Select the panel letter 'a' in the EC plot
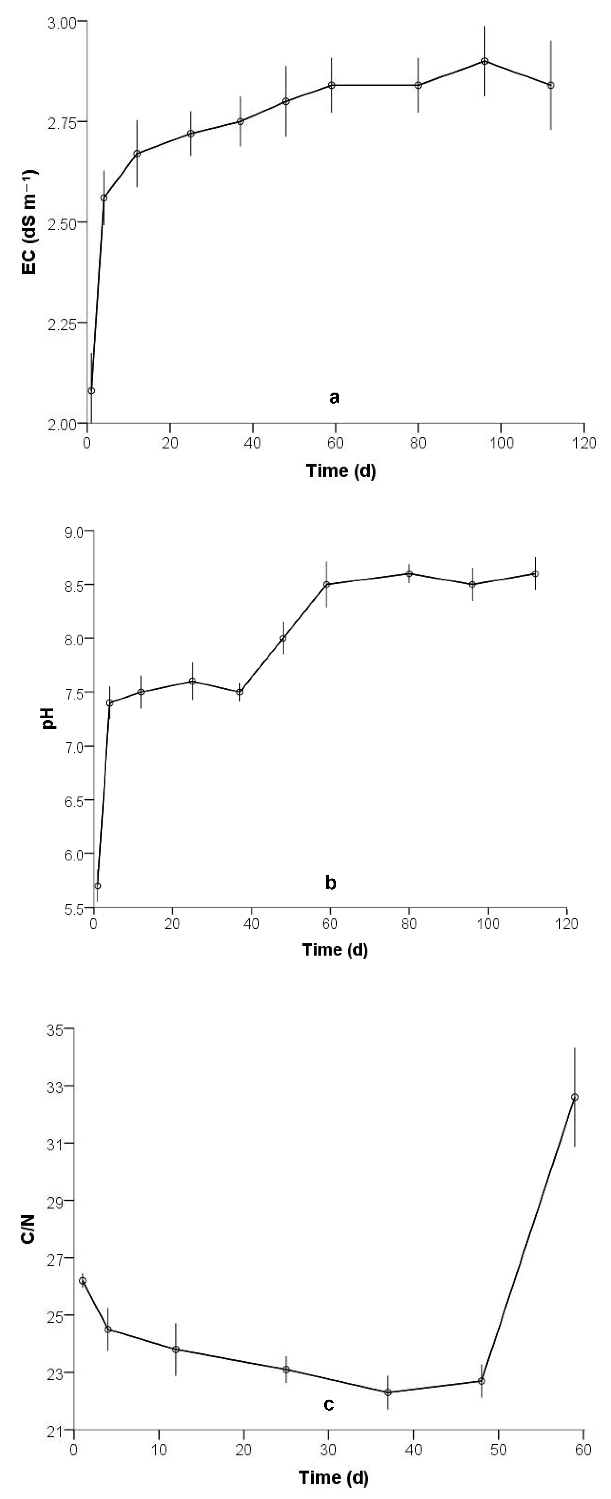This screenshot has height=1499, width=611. point(334,398)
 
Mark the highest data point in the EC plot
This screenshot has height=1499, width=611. point(484,61)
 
